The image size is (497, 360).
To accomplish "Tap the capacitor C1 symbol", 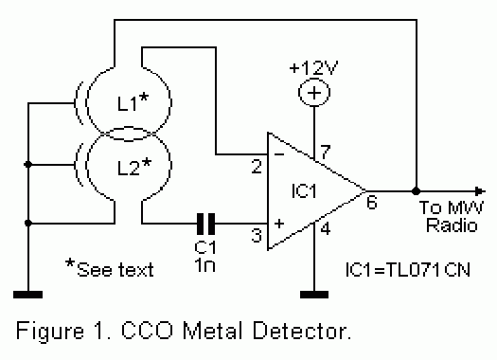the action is pyautogui.click(x=205, y=224).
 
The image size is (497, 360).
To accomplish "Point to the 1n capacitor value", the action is pyautogui.click(x=205, y=265).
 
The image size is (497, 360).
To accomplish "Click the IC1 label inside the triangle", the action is pyautogui.click(x=304, y=190).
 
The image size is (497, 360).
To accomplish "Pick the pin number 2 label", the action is pyautogui.click(x=257, y=166).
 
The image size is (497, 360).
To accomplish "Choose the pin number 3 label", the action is pyautogui.click(x=257, y=235).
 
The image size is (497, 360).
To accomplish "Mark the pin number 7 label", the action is pyautogui.click(x=326, y=152).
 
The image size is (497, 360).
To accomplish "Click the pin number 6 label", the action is pyautogui.click(x=372, y=202).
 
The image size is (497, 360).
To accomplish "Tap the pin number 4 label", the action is pyautogui.click(x=326, y=228).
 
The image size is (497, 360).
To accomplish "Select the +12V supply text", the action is pyautogui.click(x=313, y=67).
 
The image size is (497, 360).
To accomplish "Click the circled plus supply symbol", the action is pyautogui.click(x=314, y=93).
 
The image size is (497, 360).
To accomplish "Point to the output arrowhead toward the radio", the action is pyautogui.click(x=480, y=191).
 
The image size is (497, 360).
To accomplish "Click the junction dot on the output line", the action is pyautogui.click(x=416, y=191).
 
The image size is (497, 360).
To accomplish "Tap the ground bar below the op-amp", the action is pyautogui.click(x=314, y=295).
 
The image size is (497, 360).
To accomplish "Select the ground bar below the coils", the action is pyautogui.click(x=27, y=295).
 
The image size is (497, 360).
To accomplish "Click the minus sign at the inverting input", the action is pyautogui.click(x=279, y=154).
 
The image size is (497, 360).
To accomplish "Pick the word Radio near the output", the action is pyautogui.click(x=452, y=225).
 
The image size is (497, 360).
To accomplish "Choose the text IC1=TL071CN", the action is pyautogui.click(x=408, y=270).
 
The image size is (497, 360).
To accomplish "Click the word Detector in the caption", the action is pyautogui.click(x=302, y=331).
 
